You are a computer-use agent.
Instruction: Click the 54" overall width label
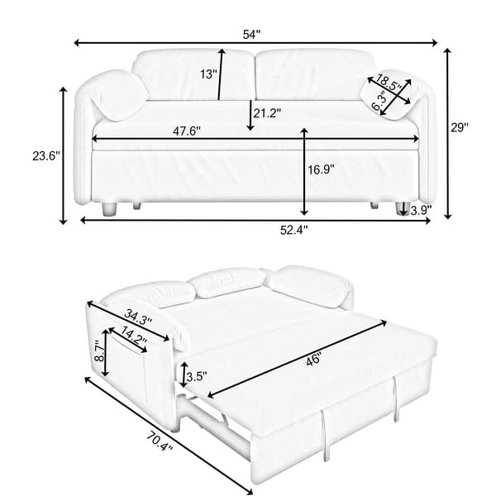click(251, 34)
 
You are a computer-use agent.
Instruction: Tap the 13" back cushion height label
click(208, 74)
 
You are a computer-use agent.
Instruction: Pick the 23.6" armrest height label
click(43, 155)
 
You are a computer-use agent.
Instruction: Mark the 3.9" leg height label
click(420, 211)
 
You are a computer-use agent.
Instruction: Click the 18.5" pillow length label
click(389, 83)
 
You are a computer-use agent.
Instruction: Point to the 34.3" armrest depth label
click(136, 315)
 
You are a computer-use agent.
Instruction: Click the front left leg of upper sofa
click(107, 209)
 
